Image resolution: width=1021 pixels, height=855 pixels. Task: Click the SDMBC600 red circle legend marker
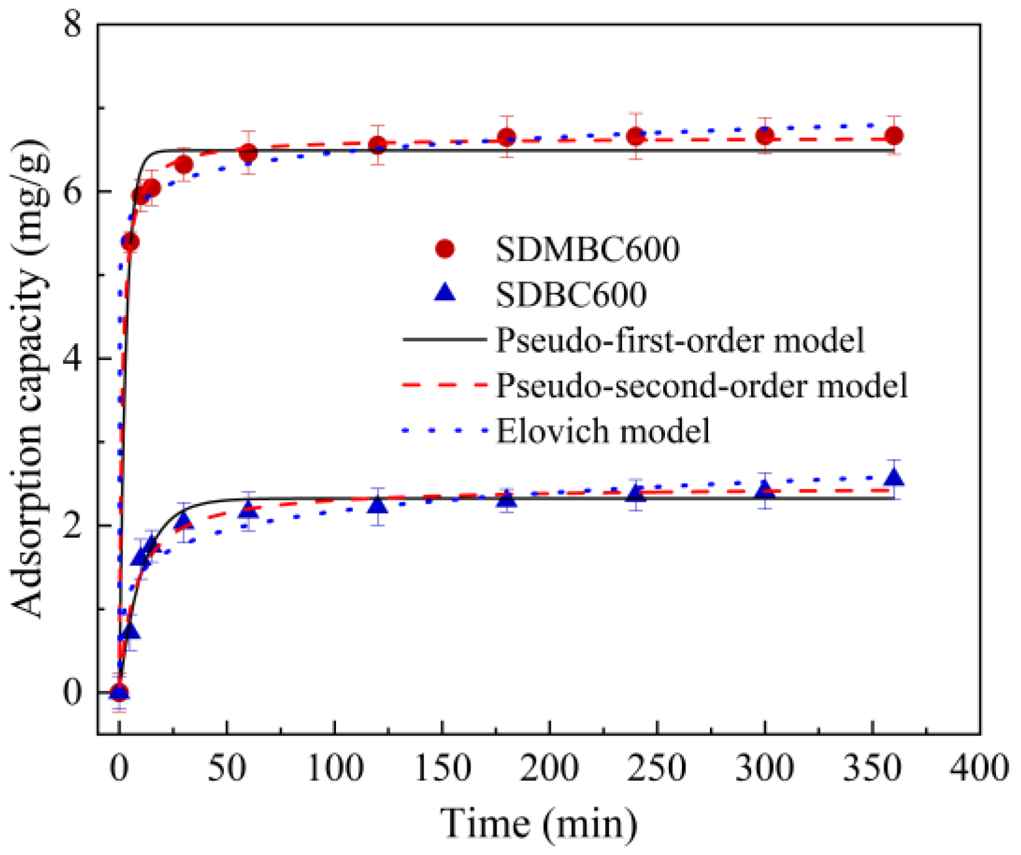[x=445, y=249]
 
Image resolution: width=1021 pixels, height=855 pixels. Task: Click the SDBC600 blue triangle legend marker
[x=445, y=293]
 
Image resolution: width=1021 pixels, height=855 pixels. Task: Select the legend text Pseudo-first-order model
[x=679, y=340]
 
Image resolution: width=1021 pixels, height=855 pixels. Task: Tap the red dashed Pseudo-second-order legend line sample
[x=444, y=386]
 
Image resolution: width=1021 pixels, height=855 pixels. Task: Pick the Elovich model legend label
[x=602, y=431]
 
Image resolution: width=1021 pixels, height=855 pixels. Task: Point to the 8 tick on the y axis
[x=73, y=25]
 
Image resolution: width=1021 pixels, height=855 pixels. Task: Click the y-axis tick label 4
[x=73, y=359]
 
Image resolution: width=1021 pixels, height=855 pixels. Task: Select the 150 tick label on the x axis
[x=442, y=768]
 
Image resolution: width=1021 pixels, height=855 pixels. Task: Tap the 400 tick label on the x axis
[x=978, y=768]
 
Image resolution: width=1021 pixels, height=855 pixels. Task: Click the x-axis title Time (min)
[x=539, y=823]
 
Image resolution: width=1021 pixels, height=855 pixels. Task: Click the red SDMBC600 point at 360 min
[x=894, y=136]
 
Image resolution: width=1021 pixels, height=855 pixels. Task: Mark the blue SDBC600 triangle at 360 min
[x=894, y=478]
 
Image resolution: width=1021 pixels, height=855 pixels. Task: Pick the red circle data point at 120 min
[x=377, y=146]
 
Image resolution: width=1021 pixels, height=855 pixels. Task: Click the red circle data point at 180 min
[x=506, y=137]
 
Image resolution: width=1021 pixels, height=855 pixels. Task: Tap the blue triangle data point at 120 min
[x=377, y=506]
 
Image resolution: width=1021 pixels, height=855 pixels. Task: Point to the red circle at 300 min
[x=765, y=135]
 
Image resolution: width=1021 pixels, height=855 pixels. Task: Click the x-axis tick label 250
[x=656, y=768]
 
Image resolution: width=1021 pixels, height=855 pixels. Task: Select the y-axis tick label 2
[x=73, y=525]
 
